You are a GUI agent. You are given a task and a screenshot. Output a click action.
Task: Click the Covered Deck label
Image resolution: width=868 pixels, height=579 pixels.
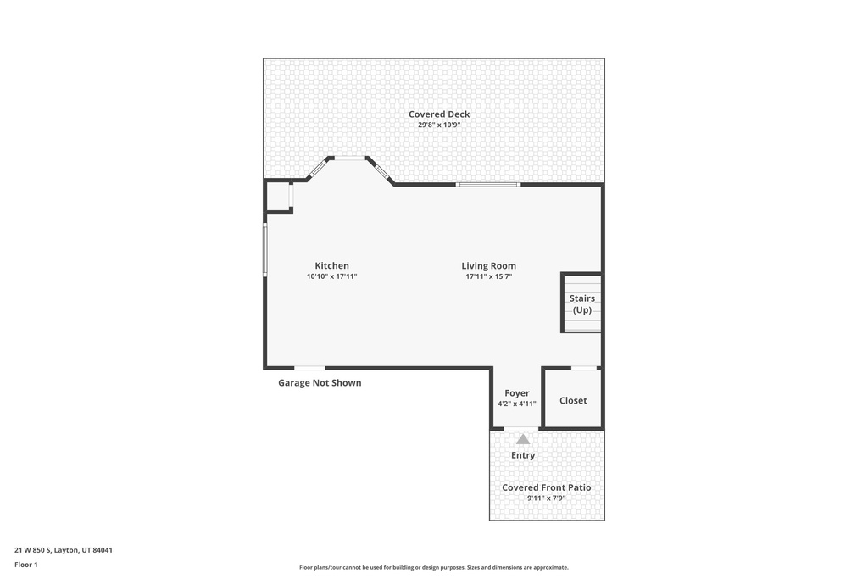click(x=439, y=114)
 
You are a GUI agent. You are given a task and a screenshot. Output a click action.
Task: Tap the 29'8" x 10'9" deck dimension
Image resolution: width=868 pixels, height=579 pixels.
click(x=439, y=125)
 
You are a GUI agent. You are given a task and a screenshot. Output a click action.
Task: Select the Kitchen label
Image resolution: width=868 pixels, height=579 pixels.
click(x=332, y=265)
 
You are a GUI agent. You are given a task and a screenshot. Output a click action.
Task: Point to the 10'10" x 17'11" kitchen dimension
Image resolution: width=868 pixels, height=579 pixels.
click(x=332, y=276)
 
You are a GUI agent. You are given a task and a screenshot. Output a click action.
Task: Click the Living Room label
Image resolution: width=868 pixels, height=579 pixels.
click(x=488, y=265)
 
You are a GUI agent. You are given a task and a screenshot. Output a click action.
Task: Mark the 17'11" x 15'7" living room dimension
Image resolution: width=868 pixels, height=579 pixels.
click(x=488, y=276)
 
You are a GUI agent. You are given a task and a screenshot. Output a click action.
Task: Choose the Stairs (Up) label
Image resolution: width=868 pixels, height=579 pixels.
click(x=581, y=303)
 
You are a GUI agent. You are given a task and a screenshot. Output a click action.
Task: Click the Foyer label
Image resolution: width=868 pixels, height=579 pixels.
click(x=517, y=393)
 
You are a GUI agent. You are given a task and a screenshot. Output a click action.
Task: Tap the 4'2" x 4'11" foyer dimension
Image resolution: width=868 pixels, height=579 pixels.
click(x=517, y=404)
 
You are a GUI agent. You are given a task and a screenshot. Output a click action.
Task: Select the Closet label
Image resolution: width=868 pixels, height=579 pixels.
click(x=573, y=400)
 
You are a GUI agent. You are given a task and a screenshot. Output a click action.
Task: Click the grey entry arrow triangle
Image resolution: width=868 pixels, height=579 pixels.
click(x=523, y=439)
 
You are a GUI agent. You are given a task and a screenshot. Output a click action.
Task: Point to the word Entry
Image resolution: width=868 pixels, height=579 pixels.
click(x=523, y=455)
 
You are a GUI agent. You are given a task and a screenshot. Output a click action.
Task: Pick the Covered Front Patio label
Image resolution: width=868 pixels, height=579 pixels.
click(x=547, y=487)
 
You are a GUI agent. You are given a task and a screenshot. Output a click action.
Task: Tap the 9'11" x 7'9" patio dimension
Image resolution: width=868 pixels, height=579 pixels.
click(x=547, y=498)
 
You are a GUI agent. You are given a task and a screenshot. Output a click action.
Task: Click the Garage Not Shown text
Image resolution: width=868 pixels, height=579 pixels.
click(x=320, y=383)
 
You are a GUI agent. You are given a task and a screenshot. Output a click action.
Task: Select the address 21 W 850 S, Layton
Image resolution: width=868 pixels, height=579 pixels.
click(x=64, y=550)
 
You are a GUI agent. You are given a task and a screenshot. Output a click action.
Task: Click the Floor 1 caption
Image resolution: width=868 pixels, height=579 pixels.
click(x=26, y=564)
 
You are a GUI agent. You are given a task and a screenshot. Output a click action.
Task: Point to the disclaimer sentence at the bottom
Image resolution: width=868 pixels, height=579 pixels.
click(x=434, y=567)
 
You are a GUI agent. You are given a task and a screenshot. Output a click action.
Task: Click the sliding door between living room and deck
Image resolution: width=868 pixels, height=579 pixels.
click(x=487, y=184)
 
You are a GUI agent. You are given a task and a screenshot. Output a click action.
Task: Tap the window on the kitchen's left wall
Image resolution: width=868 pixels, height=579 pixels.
click(x=265, y=249)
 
